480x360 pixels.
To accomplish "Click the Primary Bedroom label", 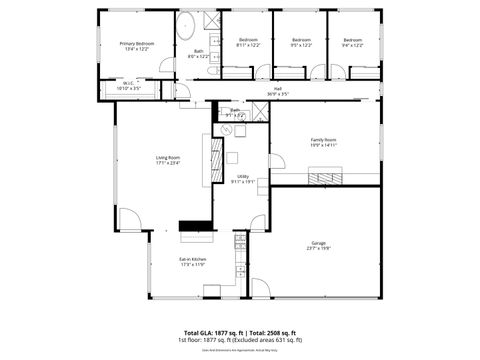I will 137,44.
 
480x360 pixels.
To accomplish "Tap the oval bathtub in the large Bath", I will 186,27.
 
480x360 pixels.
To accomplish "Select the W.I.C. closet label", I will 128,84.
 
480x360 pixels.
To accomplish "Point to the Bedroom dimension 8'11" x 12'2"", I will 248,45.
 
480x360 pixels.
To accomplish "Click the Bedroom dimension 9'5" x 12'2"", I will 301,45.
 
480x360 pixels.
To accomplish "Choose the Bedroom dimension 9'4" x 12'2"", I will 352,45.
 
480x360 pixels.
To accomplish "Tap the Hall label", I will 277,89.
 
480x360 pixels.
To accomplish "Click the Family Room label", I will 323,139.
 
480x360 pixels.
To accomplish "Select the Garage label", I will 319,242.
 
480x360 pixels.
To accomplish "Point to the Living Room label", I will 167,157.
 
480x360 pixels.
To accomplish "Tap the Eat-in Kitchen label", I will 192,259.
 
